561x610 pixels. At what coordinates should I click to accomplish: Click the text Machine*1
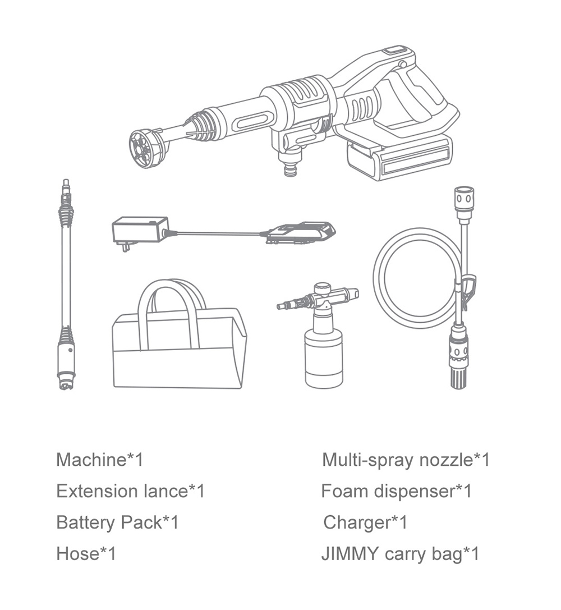100,460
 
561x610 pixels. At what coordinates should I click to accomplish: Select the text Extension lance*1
130,492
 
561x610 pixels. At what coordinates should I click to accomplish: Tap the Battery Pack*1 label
117,522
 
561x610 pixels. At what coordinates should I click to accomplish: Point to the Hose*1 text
86,554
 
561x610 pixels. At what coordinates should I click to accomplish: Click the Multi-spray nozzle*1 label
406,460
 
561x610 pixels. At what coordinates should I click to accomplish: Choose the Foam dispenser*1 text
396,492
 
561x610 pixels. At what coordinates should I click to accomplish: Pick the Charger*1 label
365,522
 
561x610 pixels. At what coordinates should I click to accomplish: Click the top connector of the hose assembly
463,200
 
